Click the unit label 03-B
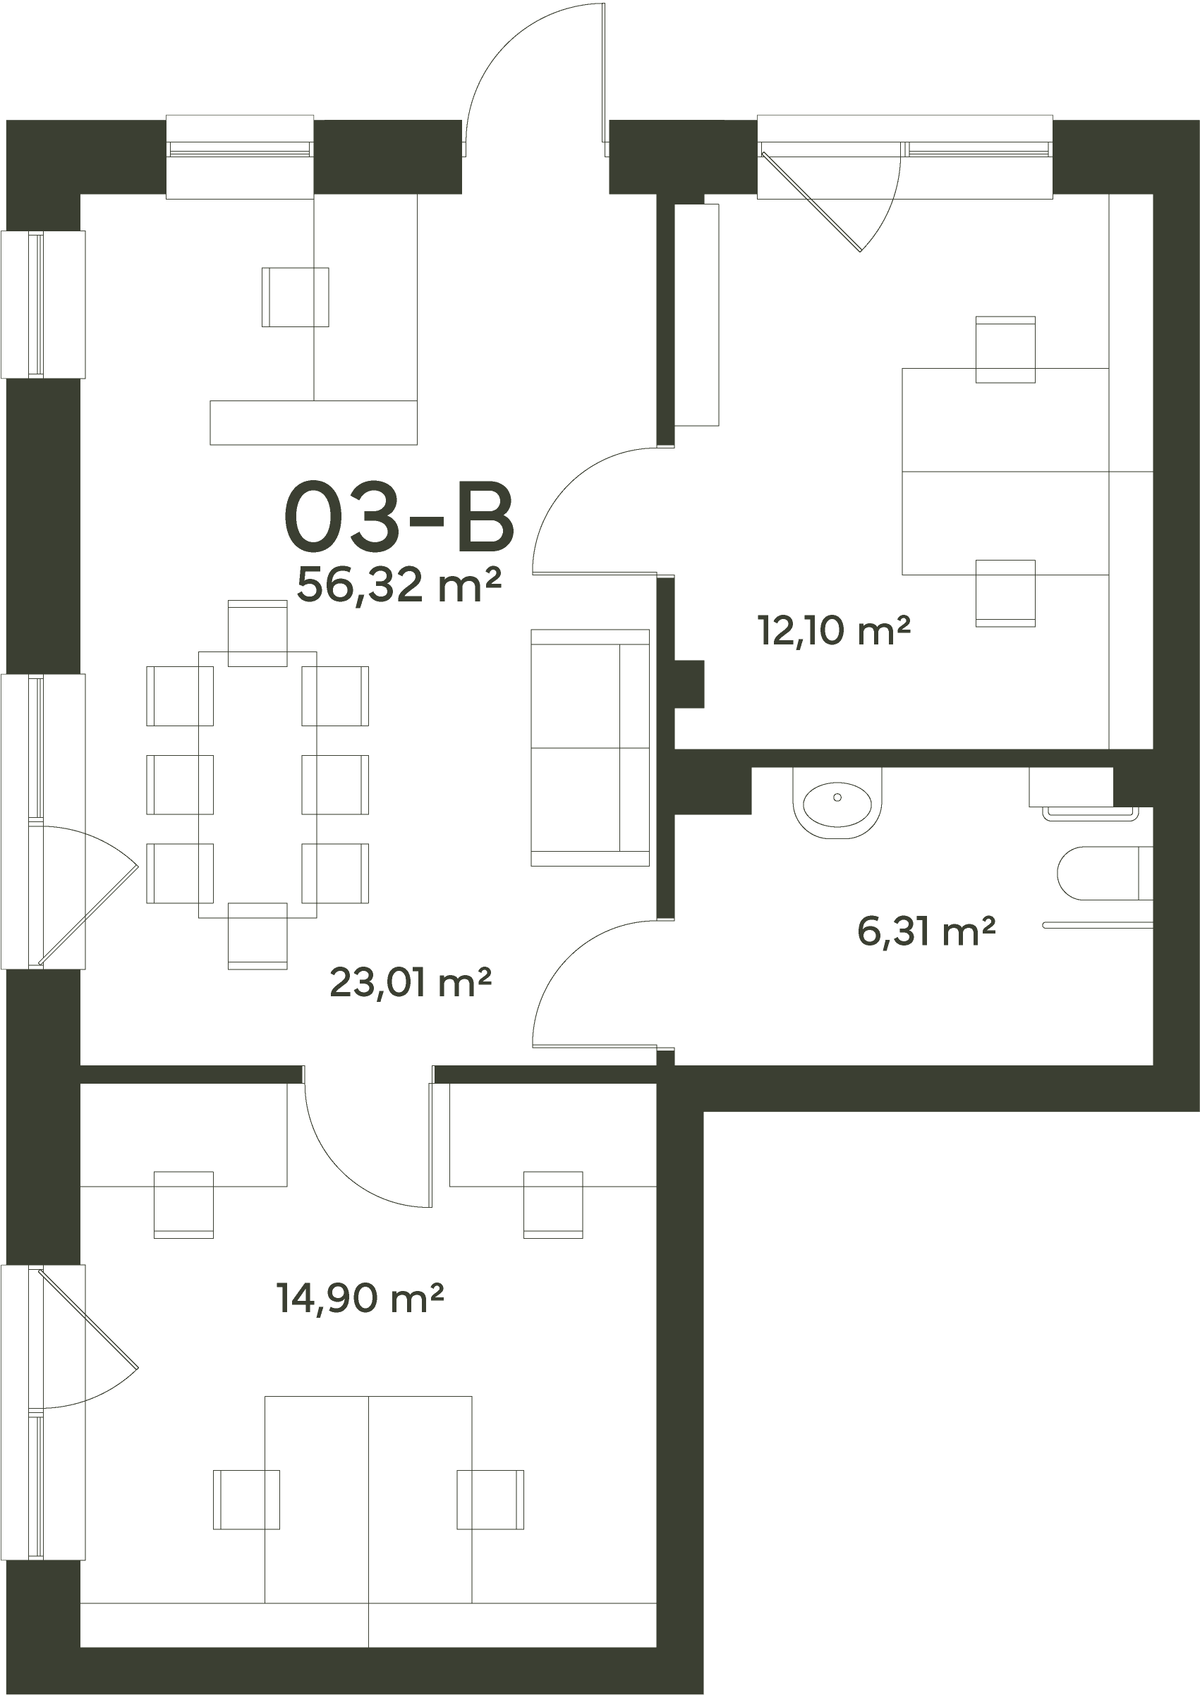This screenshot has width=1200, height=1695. pos(399,516)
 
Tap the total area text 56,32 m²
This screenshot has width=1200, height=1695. pos(399,585)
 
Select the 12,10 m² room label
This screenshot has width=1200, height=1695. pos(833,631)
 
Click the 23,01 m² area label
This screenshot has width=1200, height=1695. pos(411,982)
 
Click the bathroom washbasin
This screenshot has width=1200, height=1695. pos(837,803)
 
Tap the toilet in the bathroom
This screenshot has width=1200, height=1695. pos(1105,873)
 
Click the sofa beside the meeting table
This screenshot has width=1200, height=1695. pos(590,747)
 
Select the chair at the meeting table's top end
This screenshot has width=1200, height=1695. pos(257,633)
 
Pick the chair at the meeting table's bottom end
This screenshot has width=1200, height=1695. pos(257,936)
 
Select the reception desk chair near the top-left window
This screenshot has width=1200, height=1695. pos(295,297)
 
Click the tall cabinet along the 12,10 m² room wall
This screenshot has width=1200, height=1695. pos(697,314)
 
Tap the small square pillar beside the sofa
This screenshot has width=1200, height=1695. pos(689,683)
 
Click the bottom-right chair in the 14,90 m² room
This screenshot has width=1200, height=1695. pos(490,1514)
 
